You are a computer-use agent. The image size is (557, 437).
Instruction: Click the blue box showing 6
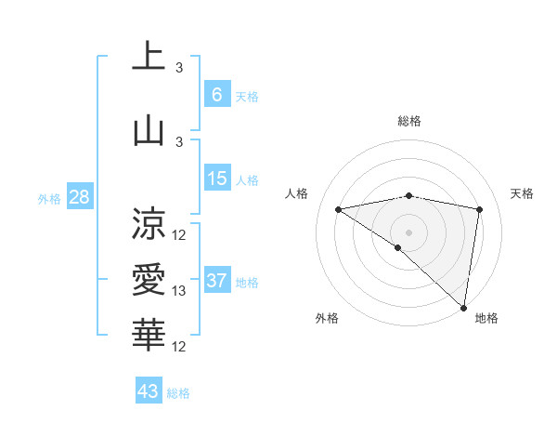click(216, 95)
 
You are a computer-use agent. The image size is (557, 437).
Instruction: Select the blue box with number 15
click(216, 179)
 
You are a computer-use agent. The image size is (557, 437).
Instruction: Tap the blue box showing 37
click(216, 281)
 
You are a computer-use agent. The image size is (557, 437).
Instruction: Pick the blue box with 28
click(78, 197)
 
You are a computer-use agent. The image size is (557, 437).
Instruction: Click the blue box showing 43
click(148, 391)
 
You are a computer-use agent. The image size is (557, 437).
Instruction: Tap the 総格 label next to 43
click(178, 393)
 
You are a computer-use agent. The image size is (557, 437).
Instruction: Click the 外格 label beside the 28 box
click(49, 198)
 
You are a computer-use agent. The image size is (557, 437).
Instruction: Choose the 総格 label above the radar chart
click(408, 121)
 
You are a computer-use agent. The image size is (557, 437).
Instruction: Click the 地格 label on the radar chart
click(486, 318)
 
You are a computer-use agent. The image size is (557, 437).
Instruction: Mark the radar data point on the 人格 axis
click(339, 209)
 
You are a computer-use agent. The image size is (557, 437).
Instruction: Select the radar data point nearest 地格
click(464, 307)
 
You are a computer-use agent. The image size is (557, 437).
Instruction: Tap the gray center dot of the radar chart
click(408, 231)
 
